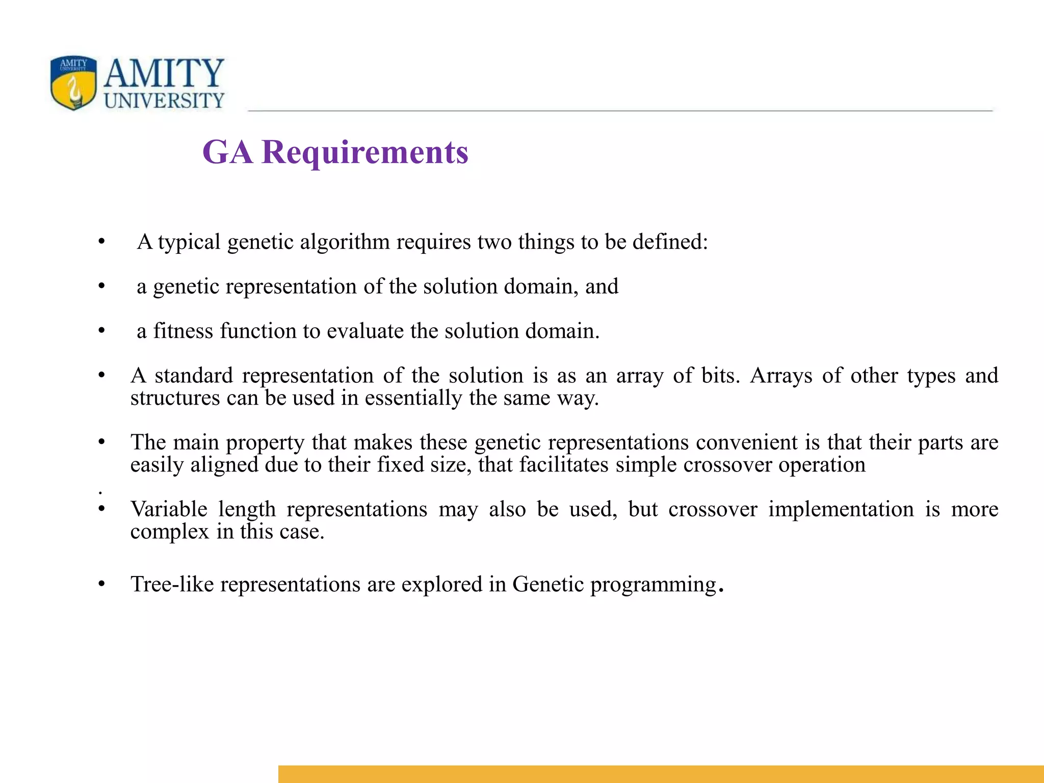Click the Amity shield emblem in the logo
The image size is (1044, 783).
click(x=73, y=83)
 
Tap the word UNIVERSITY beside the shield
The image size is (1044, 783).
click(x=164, y=100)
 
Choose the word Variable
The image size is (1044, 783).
click(x=169, y=509)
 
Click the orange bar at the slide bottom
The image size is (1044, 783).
click(x=661, y=774)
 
